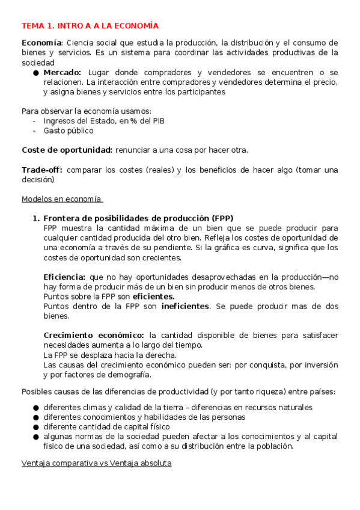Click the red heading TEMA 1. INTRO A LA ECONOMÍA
[x=90, y=26]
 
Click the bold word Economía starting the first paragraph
[x=41, y=43]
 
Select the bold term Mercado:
[x=63, y=72]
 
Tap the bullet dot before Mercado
[x=37, y=73]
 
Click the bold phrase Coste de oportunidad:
[x=67, y=150]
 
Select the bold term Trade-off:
[x=42, y=170]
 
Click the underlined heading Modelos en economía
[x=62, y=199]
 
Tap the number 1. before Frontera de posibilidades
[x=35, y=218]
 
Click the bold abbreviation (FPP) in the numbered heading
[x=222, y=218]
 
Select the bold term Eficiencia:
[x=65, y=277]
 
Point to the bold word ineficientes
[x=185, y=306]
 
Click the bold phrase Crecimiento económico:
[x=94, y=335]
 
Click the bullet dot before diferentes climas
[x=37, y=408]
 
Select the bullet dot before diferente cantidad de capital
[x=37, y=427]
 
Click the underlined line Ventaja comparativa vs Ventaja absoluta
[x=96, y=464]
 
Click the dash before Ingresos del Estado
[x=35, y=121]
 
